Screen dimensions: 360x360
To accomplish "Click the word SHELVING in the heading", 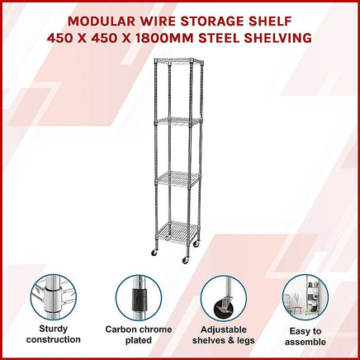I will pyautogui.click(x=276, y=37).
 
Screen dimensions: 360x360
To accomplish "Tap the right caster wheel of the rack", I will pyautogui.click(x=185, y=260).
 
